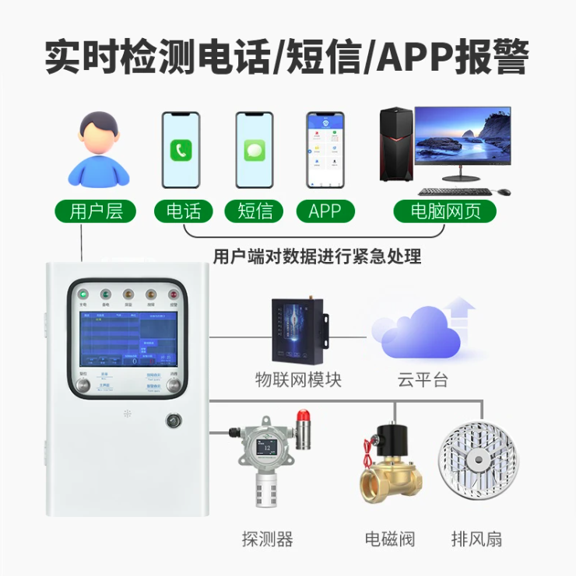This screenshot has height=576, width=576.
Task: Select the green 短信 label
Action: click(255, 211)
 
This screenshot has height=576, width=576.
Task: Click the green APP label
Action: click(325, 211)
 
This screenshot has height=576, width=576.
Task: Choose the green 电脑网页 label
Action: click(445, 211)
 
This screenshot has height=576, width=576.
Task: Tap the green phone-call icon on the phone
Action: click(181, 150)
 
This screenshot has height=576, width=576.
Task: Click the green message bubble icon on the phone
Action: click(255, 150)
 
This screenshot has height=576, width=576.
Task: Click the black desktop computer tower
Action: click(396, 144)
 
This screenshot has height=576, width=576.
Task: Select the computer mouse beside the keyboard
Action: click(504, 191)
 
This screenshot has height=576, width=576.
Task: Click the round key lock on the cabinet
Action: click(173, 421)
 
